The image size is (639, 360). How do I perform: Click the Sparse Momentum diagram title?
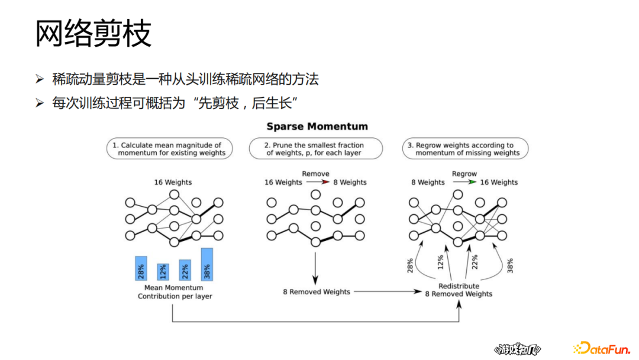click(317, 126)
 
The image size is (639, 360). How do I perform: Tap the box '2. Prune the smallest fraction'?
click(314, 149)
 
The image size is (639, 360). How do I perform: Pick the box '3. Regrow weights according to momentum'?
click(464, 149)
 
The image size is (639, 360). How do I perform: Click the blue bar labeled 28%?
click(141, 268)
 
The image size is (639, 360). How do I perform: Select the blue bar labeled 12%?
click(163, 272)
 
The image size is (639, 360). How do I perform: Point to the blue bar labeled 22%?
click(185, 270)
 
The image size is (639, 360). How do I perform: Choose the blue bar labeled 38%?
click(207, 264)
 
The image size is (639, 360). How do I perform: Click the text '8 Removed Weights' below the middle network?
click(316, 291)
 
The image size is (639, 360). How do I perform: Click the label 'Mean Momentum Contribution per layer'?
click(175, 292)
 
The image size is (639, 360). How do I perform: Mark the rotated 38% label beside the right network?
click(510, 265)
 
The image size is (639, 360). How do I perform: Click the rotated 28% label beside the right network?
click(410, 265)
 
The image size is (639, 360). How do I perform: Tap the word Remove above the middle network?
click(315, 174)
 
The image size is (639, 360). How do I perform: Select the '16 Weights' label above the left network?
click(173, 182)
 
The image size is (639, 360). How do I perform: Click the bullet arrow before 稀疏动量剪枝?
click(40, 79)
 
